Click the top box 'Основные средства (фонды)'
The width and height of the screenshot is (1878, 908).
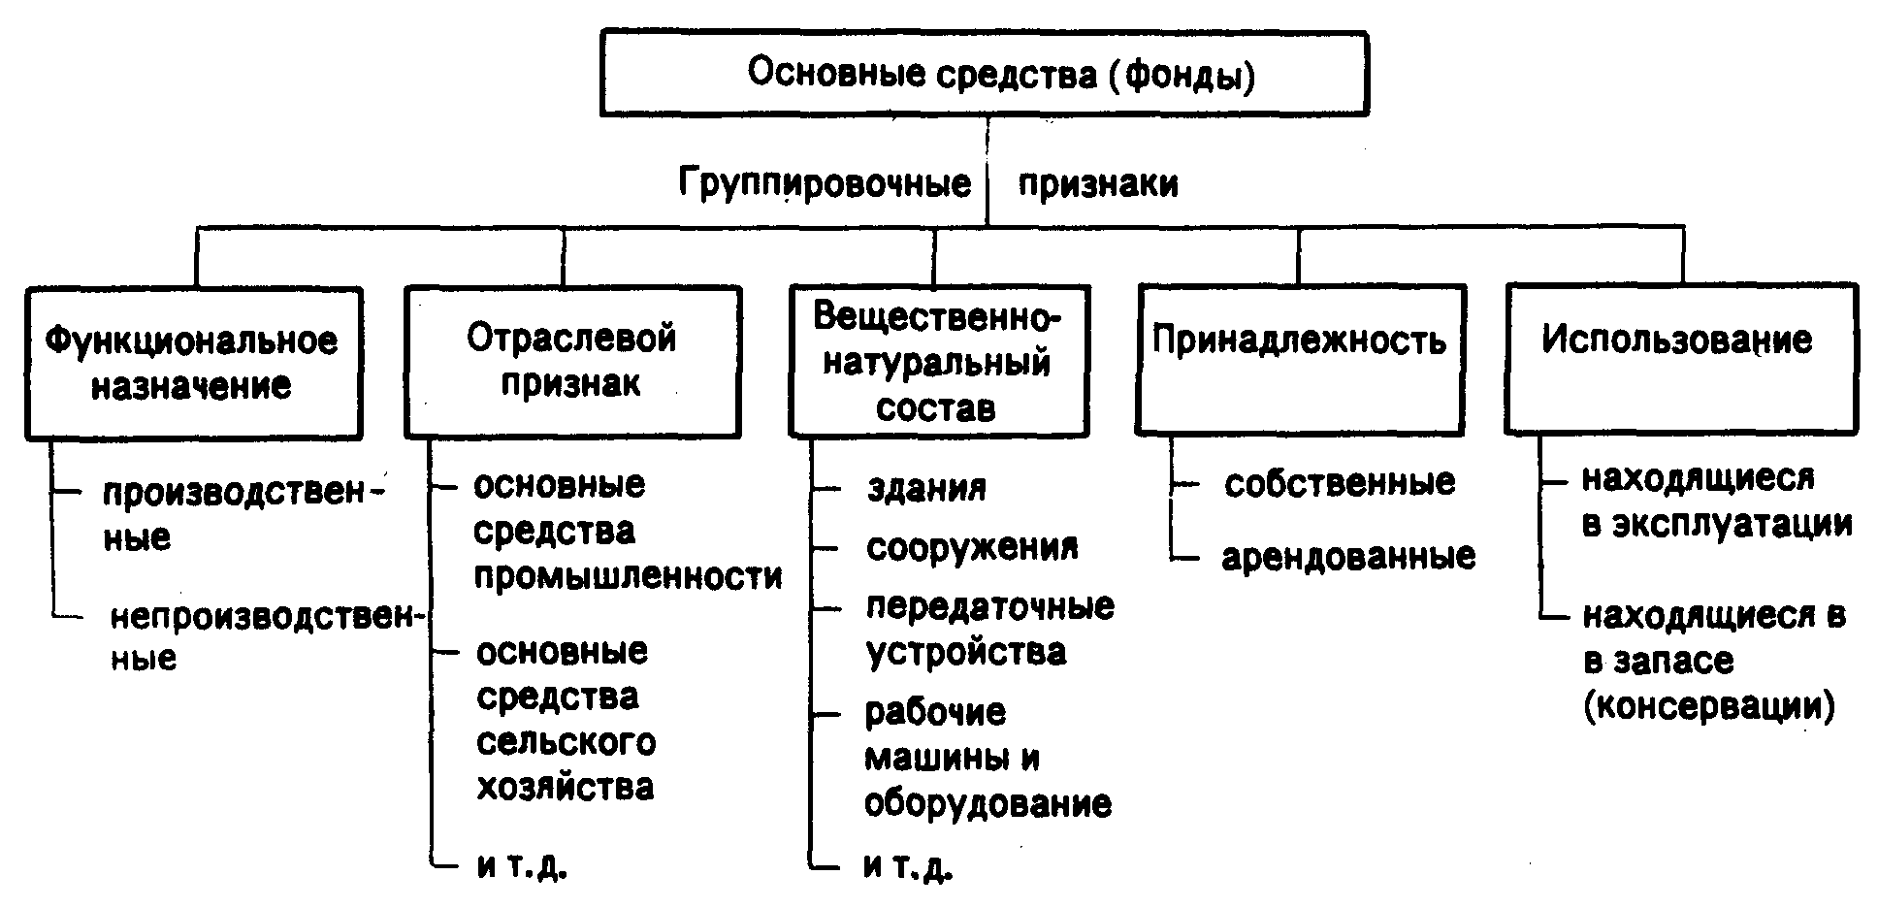pyautogui.click(x=984, y=74)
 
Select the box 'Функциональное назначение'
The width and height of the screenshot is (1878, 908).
pyautogui.click(x=193, y=363)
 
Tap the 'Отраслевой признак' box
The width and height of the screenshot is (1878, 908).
pyautogui.click(x=572, y=360)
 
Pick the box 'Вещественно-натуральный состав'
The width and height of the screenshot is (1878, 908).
pyautogui.click(x=938, y=361)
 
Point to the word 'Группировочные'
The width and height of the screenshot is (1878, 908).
pyautogui.click(x=825, y=182)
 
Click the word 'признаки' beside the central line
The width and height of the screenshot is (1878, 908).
pyautogui.click(x=1098, y=182)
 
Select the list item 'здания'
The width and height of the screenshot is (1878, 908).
pyautogui.click(x=926, y=487)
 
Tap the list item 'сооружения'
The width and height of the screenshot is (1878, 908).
pyautogui.click(x=972, y=548)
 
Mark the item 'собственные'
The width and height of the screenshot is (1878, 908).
pyautogui.click(x=1340, y=483)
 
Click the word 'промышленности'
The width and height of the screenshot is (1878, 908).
pyautogui.click(x=628, y=577)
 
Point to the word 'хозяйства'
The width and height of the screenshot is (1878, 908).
pyautogui.click(x=566, y=787)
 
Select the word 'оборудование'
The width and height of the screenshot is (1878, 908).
pyautogui.click(x=988, y=804)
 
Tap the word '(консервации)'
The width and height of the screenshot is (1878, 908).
pyautogui.click(x=1709, y=706)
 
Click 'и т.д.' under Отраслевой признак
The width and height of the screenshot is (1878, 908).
pyautogui.click(x=521, y=866)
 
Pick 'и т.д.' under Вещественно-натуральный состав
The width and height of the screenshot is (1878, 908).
pyautogui.click(x=908, y=866)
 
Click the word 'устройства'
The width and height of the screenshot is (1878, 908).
pyautogui.click(x=965, y=653)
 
